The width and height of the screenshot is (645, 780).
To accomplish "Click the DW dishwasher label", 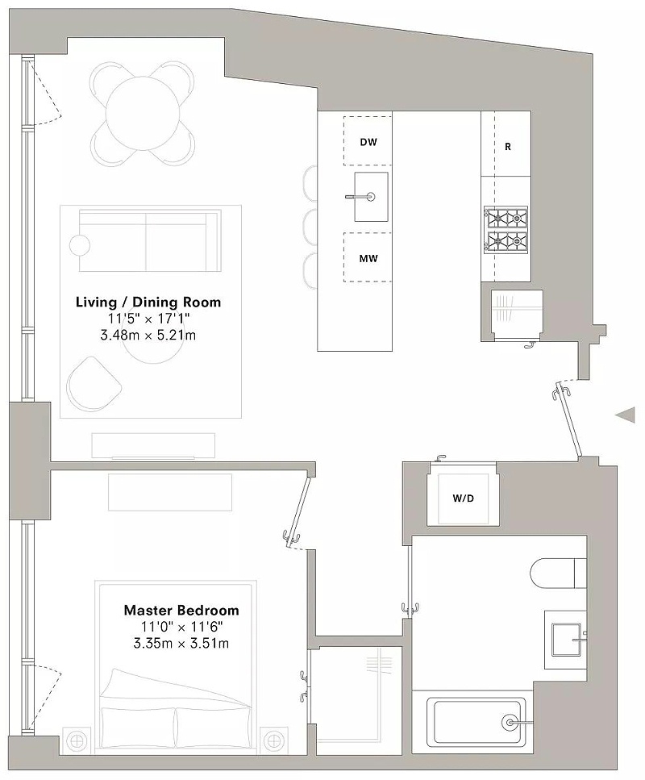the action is (368, 142).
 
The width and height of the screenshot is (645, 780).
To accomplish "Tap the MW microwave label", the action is (368, 259).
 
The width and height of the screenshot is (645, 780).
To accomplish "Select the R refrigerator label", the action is (508, 148).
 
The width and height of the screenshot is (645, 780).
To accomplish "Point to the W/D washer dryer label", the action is (463, 498).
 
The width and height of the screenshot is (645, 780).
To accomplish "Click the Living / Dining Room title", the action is (148, 302).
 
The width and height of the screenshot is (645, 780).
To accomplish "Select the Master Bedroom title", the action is (181, 610).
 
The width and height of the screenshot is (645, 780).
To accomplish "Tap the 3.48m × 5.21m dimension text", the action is (148, 335).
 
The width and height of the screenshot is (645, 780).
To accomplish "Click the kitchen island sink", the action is (371, 197).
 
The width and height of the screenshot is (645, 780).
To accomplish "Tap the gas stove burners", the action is (506, 231).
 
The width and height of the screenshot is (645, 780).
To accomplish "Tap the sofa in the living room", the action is (150, 240).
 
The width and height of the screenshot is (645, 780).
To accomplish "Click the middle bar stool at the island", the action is (310, 227).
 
